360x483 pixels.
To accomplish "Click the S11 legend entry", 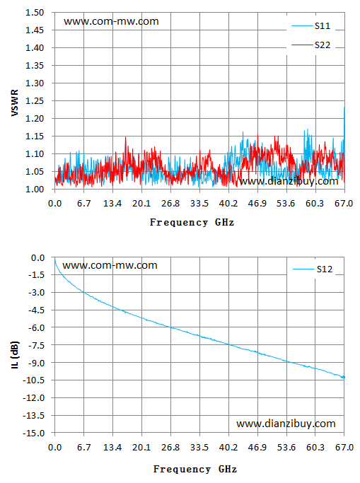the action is [311, 26].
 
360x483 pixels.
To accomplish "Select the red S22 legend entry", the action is [311, 45].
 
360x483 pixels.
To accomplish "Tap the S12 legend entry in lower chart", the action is [313, 269].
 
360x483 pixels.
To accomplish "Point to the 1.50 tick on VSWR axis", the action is [35, 13].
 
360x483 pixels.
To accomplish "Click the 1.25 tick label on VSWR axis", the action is [35, 100].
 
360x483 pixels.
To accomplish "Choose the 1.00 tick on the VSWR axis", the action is [35, 189].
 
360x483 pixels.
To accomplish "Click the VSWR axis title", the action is [14, 103].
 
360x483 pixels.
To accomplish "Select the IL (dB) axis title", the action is [15, 354].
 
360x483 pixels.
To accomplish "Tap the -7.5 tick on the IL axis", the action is [36, 345].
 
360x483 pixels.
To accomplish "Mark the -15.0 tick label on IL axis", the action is [34, 433].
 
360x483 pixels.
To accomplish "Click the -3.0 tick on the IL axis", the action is [36, 292].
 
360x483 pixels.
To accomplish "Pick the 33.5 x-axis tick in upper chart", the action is [199, 204].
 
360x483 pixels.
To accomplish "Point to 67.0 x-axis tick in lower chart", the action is [344, 447].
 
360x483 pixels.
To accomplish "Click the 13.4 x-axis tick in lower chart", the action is [112, 447].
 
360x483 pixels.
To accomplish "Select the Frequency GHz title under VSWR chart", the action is [192, 222].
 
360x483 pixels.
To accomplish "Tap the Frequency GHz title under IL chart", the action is [195, 469].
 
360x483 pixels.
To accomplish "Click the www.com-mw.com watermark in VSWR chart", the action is [111, 21].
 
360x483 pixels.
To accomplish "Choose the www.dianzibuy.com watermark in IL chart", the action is [286, 424].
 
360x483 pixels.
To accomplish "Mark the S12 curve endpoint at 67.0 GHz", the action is [344, 377].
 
